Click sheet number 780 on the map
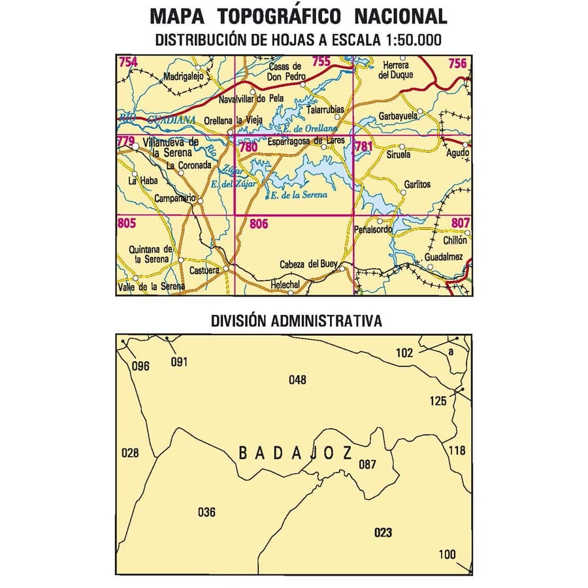click(248, 147)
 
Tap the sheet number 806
click(259, 224)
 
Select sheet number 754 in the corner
click(128, 63)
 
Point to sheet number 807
click(460, 223)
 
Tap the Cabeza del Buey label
click(308, 264)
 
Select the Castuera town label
click(201, 269)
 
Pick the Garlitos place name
click(417, 185)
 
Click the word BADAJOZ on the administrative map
click(295, 453)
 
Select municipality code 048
click(297, 380)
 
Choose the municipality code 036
click(206, 512)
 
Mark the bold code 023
click(384, 533)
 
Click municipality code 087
click(368, 465)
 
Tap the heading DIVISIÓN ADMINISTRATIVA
click(296, 321)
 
